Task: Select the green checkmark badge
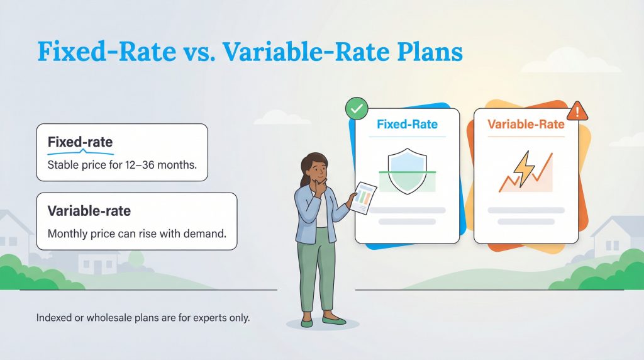click(357, 110)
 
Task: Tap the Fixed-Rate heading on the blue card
click(407, 125)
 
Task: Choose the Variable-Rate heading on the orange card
click(526, 125)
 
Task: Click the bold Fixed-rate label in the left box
click(80, 143)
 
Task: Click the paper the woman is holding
click(364, 199)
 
